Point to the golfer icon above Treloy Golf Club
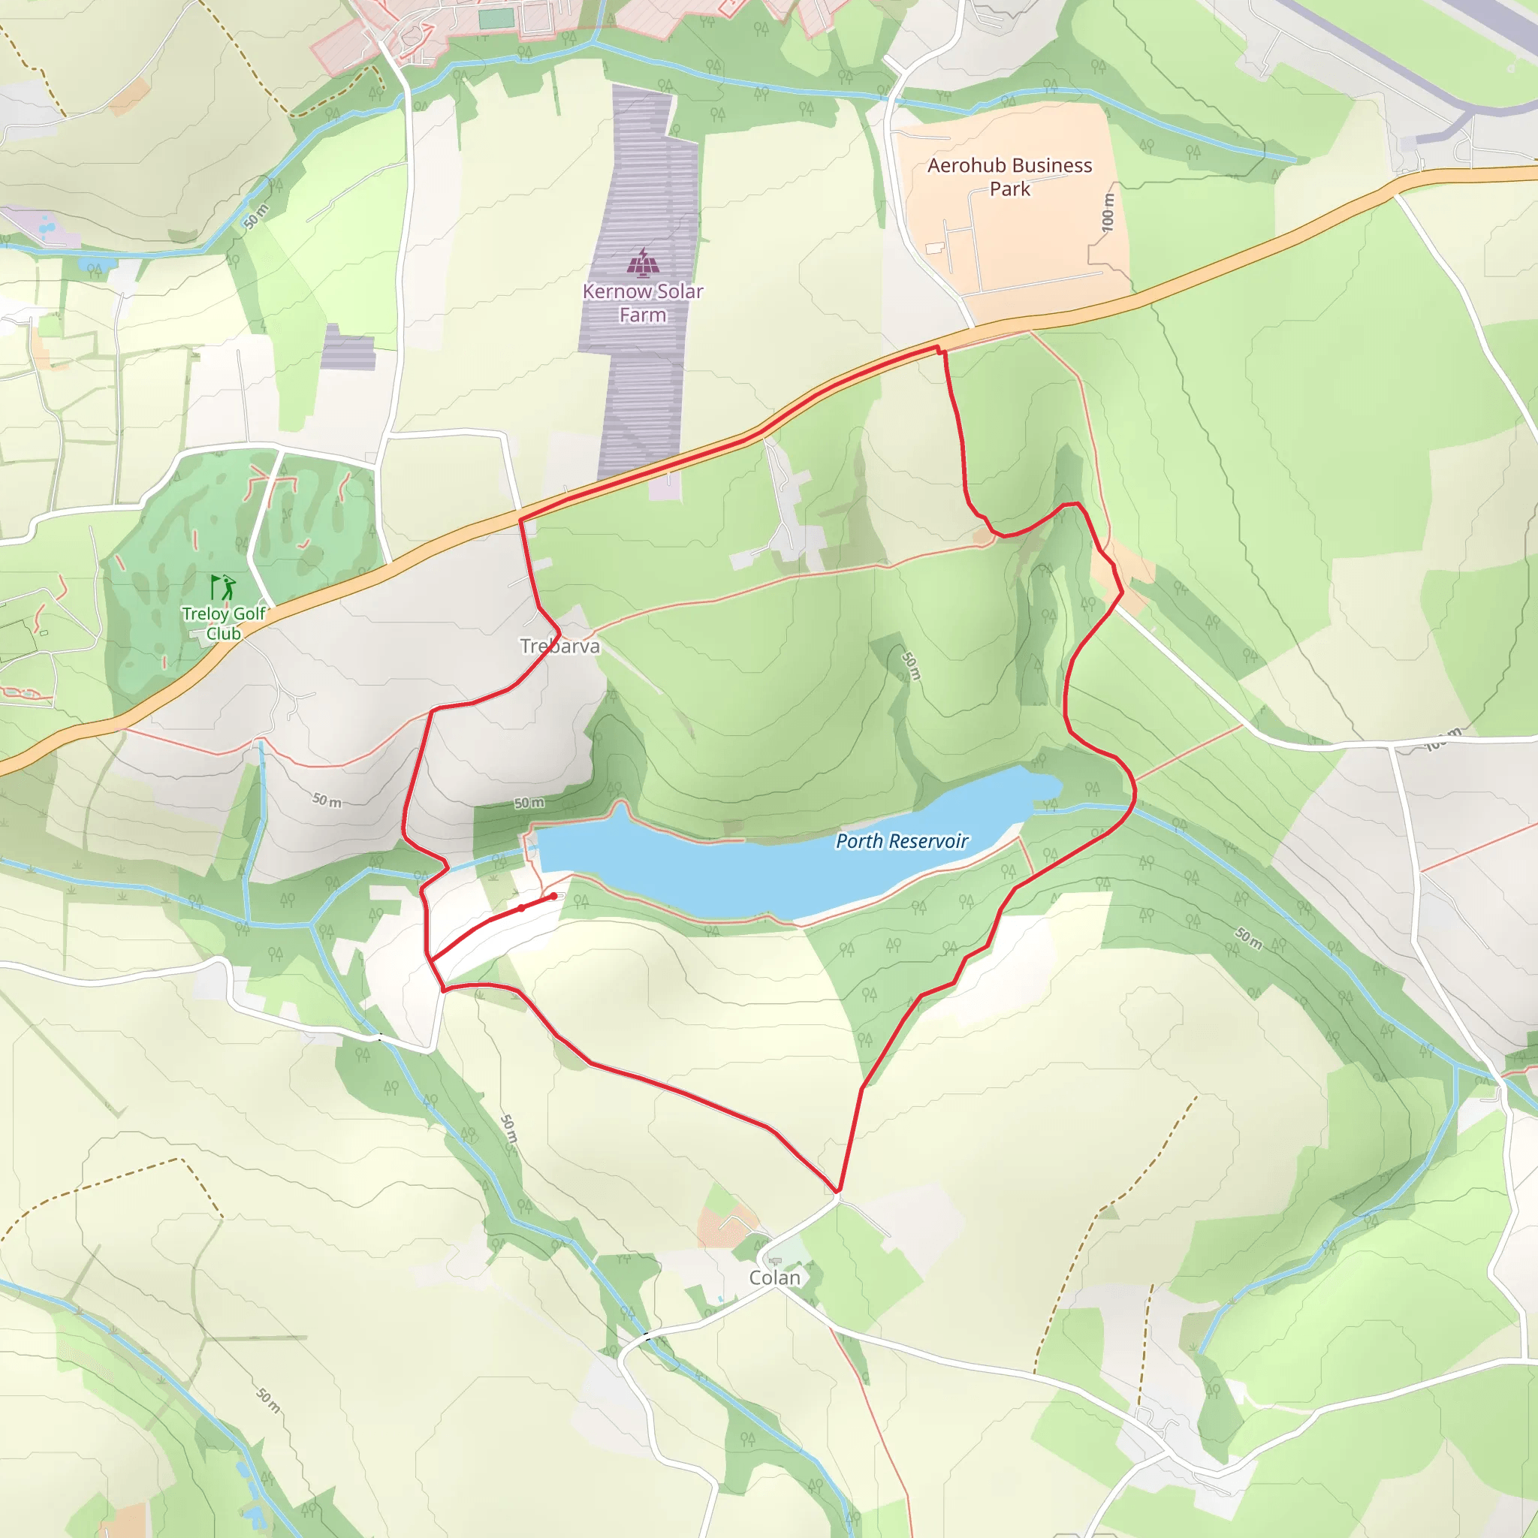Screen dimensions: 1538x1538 point(224,587)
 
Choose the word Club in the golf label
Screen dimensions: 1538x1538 point(224,634)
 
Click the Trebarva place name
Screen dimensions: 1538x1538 point(559,647)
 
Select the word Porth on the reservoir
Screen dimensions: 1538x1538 point(858,841)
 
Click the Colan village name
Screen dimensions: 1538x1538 point(774,1277)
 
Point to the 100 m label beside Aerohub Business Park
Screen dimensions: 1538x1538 point(1108,213)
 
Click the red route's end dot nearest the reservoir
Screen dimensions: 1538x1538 point(553,897)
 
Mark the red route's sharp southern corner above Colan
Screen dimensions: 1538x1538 point(837,1192)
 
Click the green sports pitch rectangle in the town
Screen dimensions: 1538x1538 point(496,17)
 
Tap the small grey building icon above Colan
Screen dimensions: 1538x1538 point(775,1261)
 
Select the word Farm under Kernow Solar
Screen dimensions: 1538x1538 point(642,315)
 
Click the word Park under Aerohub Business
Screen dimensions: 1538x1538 point(1009,189)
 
